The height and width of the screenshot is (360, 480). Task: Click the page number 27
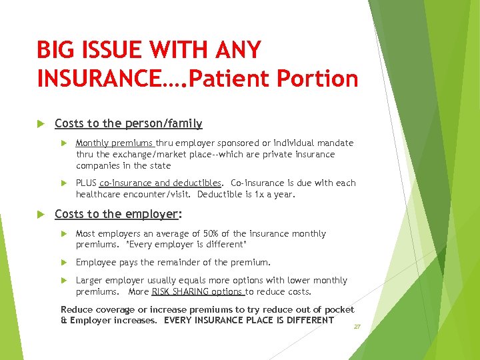coord(357,327)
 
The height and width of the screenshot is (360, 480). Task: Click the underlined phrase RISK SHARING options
coord(197,292)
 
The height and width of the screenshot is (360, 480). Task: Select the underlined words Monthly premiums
coord(115,143)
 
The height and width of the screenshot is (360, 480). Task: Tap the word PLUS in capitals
coord(86,183)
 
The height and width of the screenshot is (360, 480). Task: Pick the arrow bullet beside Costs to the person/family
coord(41,123)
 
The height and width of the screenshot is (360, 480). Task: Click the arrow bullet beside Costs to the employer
coord(41,214)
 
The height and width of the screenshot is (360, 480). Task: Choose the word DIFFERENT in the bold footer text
coord(306,320)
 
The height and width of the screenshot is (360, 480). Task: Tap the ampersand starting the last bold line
coord(64,320)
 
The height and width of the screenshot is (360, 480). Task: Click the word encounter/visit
coord(157,195)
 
